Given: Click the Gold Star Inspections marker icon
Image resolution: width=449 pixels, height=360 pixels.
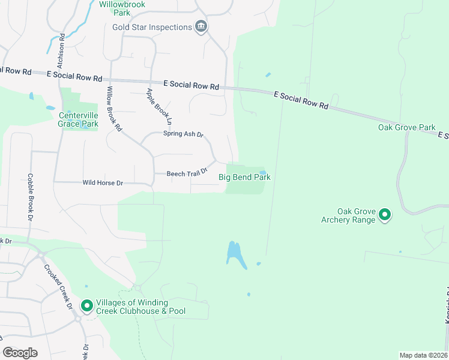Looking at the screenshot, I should pyautogui.click(x=201, y=26).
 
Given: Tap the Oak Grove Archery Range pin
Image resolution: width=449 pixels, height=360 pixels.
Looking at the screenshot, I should pyautogui.click(x=385, y=214).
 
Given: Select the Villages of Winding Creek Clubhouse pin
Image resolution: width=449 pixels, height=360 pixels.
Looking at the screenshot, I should pyautogui.click(x=87, y=307).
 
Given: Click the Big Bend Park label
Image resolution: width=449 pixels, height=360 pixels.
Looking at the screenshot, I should pyautogui.click(x=244, y=177).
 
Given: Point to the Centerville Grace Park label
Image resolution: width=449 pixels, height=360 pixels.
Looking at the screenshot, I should pyautogui.click(x=78, y=120).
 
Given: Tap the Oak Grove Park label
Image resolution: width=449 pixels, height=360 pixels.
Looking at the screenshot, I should pyautogui.click(x=406, y=127).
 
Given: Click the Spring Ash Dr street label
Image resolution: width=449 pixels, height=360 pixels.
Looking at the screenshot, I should pyautogui.click(x=184, y=134).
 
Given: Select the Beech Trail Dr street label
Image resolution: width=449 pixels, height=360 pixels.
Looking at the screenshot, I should pyautogui.click(x=187, y=173).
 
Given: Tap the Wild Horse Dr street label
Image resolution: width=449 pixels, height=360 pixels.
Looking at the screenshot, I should pyautogui.click(x=103, y=182).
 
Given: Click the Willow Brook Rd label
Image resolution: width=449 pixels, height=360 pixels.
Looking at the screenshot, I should pyautogui.click(x=114, y=109).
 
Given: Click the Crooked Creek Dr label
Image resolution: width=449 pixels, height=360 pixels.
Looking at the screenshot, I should pyautogui.click(x=59, y=287).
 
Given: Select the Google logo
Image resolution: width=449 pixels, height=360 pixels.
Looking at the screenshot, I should pyautogui.click(x=20, y=353).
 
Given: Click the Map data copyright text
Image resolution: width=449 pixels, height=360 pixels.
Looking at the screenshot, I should pyautogui.click(x=423, y=355).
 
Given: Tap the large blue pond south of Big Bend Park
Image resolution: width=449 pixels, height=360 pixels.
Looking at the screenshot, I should pyautogui.click(x=235, y=255).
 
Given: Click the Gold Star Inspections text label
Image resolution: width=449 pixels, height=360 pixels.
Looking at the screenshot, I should pyautogui.click(x=151, y=27).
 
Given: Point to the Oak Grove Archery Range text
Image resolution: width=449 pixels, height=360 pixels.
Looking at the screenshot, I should pyautogui.click(x=356, y=215).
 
